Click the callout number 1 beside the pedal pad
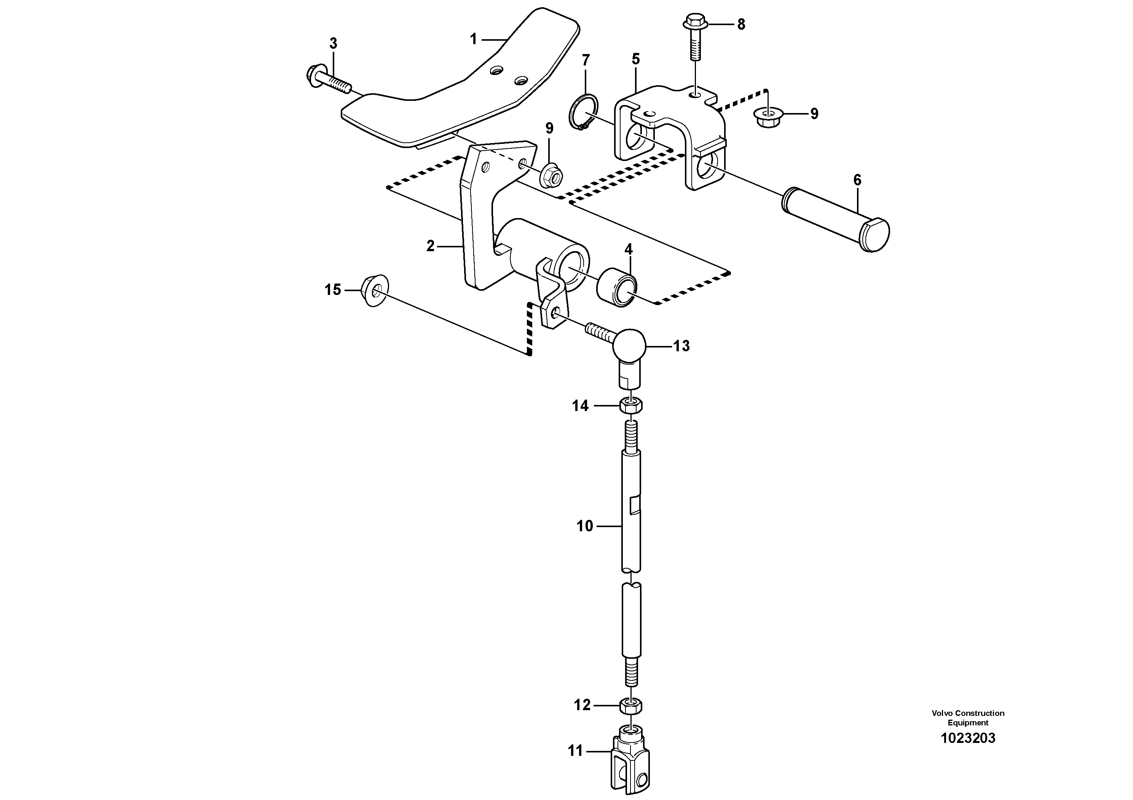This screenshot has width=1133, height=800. (473, 39)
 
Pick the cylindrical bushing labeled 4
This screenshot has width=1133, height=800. (617, 289)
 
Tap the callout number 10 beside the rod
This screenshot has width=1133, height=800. (585, 526)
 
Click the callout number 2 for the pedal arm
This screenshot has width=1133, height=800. (430, 245)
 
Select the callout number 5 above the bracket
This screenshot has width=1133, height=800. (635, 59)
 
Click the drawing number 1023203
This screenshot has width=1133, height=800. (968, 738)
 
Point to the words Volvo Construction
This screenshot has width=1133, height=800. (968, 713)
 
